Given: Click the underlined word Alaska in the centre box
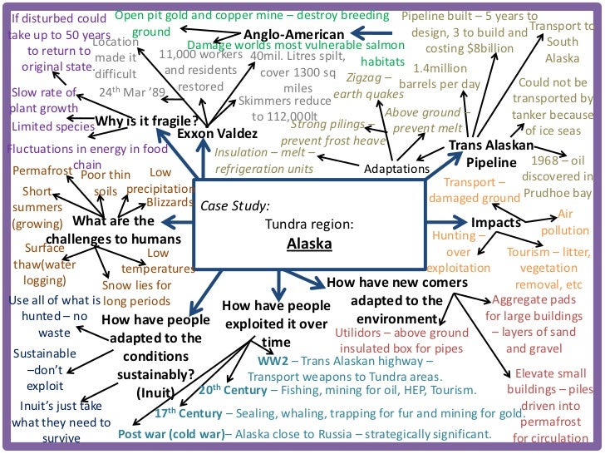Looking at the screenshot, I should (309, 244).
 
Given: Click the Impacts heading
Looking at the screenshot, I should (496, 222).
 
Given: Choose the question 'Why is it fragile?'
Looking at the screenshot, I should (147, 120).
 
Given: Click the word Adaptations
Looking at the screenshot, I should (397, 169).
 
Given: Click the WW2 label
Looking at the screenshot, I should (270, 361).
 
